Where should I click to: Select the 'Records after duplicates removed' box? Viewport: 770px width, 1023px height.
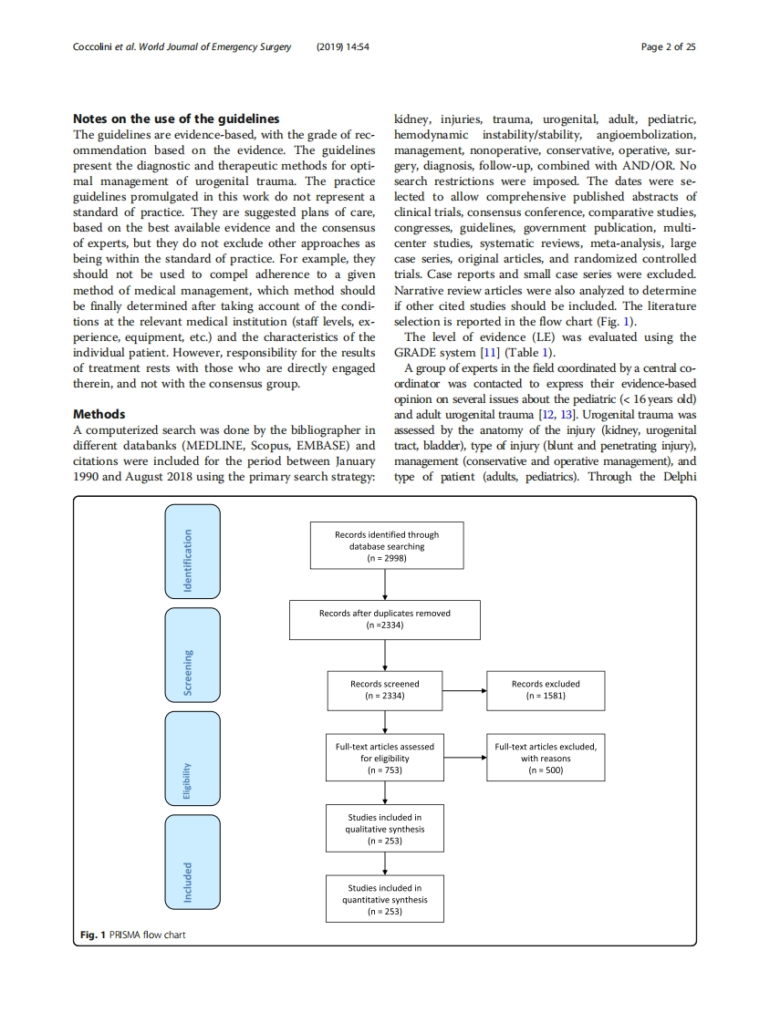384,619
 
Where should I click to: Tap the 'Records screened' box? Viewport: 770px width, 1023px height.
384,689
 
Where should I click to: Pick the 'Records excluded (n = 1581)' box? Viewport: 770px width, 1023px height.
545,689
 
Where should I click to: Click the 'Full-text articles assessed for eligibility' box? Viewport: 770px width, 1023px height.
384,758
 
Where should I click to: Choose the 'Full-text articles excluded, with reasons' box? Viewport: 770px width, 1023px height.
545,758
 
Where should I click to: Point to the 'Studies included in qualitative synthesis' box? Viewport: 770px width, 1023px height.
384,829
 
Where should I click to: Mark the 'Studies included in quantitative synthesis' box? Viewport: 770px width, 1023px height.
384,899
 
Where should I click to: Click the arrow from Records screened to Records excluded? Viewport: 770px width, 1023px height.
465,690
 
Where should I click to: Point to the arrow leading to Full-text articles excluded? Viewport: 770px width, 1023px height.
465,759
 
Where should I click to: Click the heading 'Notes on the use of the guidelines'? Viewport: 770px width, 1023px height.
176,119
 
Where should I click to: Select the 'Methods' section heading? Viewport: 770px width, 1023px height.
99,414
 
